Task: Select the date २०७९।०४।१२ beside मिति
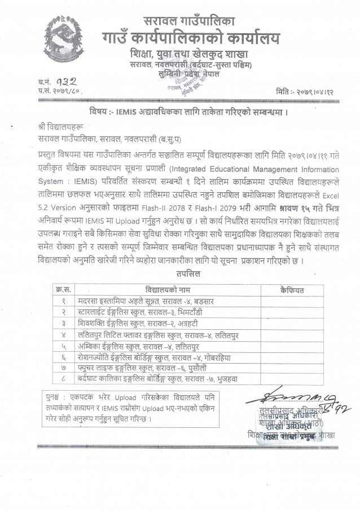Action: pos(314,90)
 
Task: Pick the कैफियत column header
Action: pos(291,290)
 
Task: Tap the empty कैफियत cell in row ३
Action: pos(291,324)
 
